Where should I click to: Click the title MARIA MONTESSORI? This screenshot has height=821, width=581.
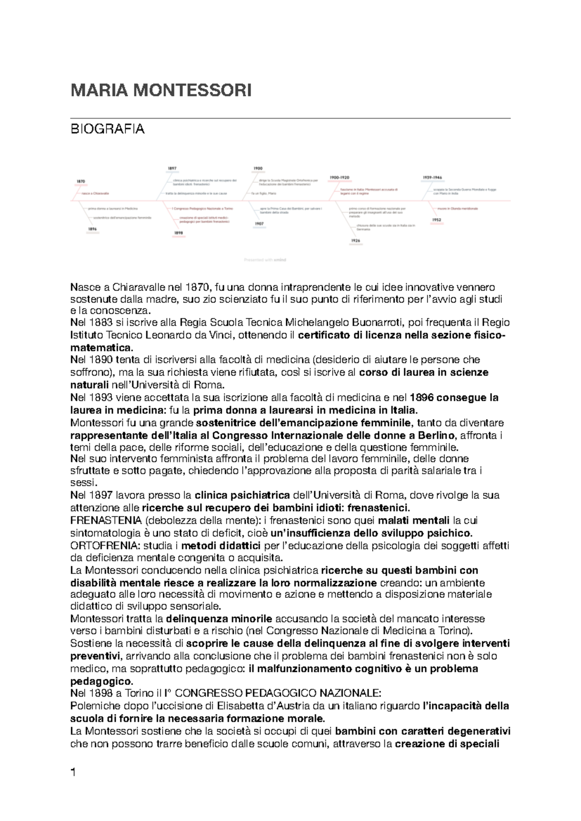pyautogui.click(x=161, y=91)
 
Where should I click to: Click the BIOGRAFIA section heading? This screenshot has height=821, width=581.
pyautogui.click(x=107, y=129)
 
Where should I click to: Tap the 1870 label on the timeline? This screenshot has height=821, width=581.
pyautogui.click(x=80, y=182)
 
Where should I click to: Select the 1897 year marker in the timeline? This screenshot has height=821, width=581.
pyautogui.click(x=172, y=168)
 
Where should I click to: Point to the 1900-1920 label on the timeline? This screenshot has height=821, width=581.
pyautogui.click(x=339, y=178)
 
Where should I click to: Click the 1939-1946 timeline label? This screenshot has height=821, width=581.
pyautogui.click(x=432, y=178)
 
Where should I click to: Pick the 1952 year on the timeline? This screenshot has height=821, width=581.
pyautogui.click(x=436, y=220)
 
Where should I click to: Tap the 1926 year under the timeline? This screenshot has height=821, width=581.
pyautogui.click(x=355, y=241)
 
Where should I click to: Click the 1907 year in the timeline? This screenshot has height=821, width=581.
pyautogui.click(x=259, y=224)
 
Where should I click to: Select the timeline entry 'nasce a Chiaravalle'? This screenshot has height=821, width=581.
pyautogui.click(x=95, y=193)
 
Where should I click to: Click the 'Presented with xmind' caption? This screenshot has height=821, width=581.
pyautogui.click(x=265, y=260)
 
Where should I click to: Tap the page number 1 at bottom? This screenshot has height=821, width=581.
pyautogui.click(x=74, y=773)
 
